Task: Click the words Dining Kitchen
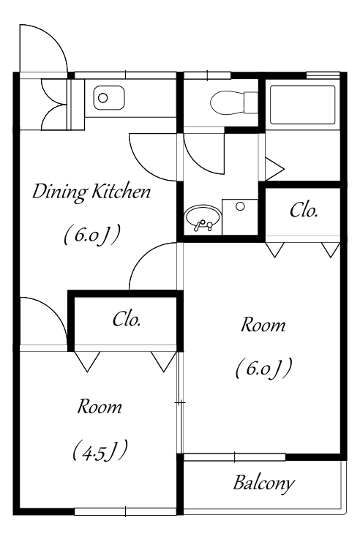click(x=91, y=192)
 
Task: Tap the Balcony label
click(x=264, y=483)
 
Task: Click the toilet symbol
click(x=234, y=102)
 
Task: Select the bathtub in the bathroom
click(x=302, y=105)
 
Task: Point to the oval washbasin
click(x=202, y=219)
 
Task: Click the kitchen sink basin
click(x=109, y=98)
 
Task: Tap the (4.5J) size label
click(x=100, y=451)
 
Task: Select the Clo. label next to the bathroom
click(x=304, y=210)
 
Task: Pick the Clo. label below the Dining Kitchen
click(x=127, y=320)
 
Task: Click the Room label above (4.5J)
click(x=100, y=407)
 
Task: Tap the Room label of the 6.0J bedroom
click(x=263, y=325)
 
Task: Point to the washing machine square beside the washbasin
click(x=240, y=217)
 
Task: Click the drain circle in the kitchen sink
click(x=102, y=98)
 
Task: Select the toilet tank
click(x=252, y=102)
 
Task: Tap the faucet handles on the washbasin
click(x=203, y=225)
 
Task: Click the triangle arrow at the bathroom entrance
click(x=274, y=169)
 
